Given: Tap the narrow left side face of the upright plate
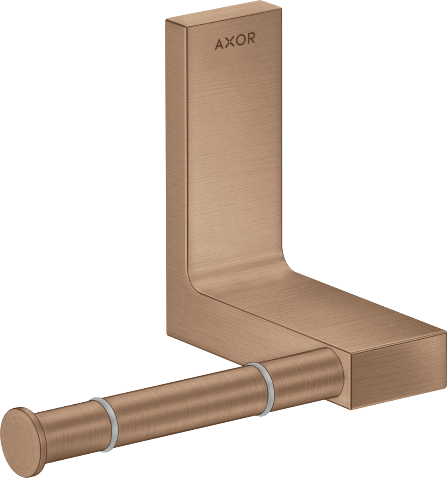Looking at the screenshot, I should (175, 159).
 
